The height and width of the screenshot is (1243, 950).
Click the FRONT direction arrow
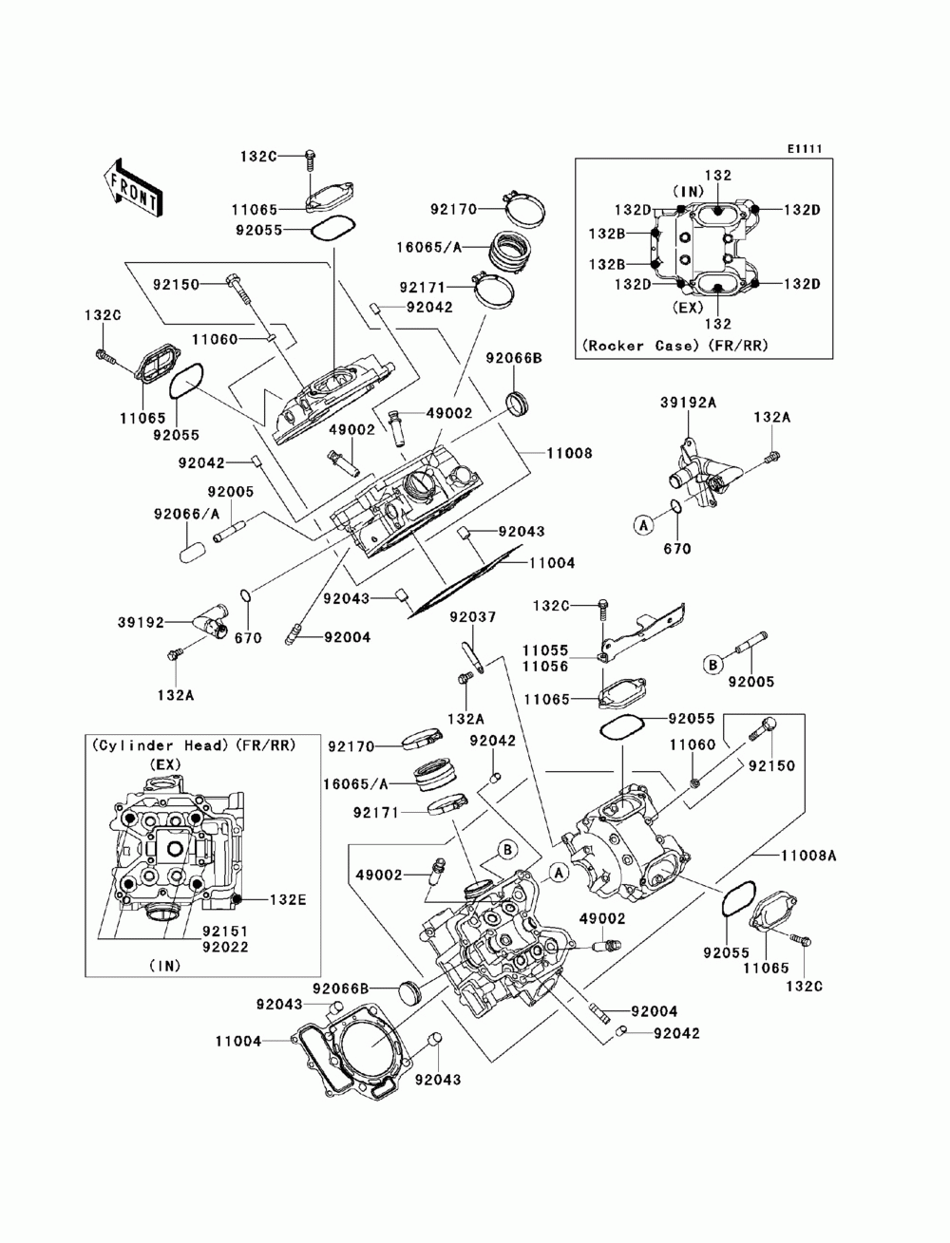pos(130,184)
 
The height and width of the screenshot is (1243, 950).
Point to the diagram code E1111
pos(803,149)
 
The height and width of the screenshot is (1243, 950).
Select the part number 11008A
pos(808,855)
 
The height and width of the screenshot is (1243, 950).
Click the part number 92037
pos(472,617)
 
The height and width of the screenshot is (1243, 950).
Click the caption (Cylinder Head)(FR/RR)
pos(193,745)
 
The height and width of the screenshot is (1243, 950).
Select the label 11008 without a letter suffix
pos(569,454)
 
